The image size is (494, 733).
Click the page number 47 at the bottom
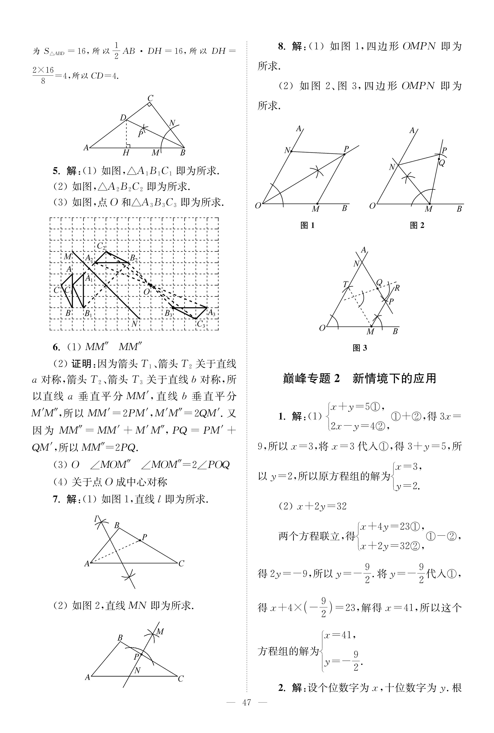pos(247,711)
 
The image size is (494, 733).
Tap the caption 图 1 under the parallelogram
pos(308,225)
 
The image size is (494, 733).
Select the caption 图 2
pos(417,225)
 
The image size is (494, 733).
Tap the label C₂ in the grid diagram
pos(101,246)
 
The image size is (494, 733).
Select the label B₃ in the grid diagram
pos(169,314)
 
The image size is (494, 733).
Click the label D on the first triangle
pos(123,118)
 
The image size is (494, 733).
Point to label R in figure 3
pos(397,288)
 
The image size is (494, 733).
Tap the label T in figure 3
pos(345,284)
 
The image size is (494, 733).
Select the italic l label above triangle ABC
pos(96,518)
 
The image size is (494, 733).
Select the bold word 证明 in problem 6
pos(81,364)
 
